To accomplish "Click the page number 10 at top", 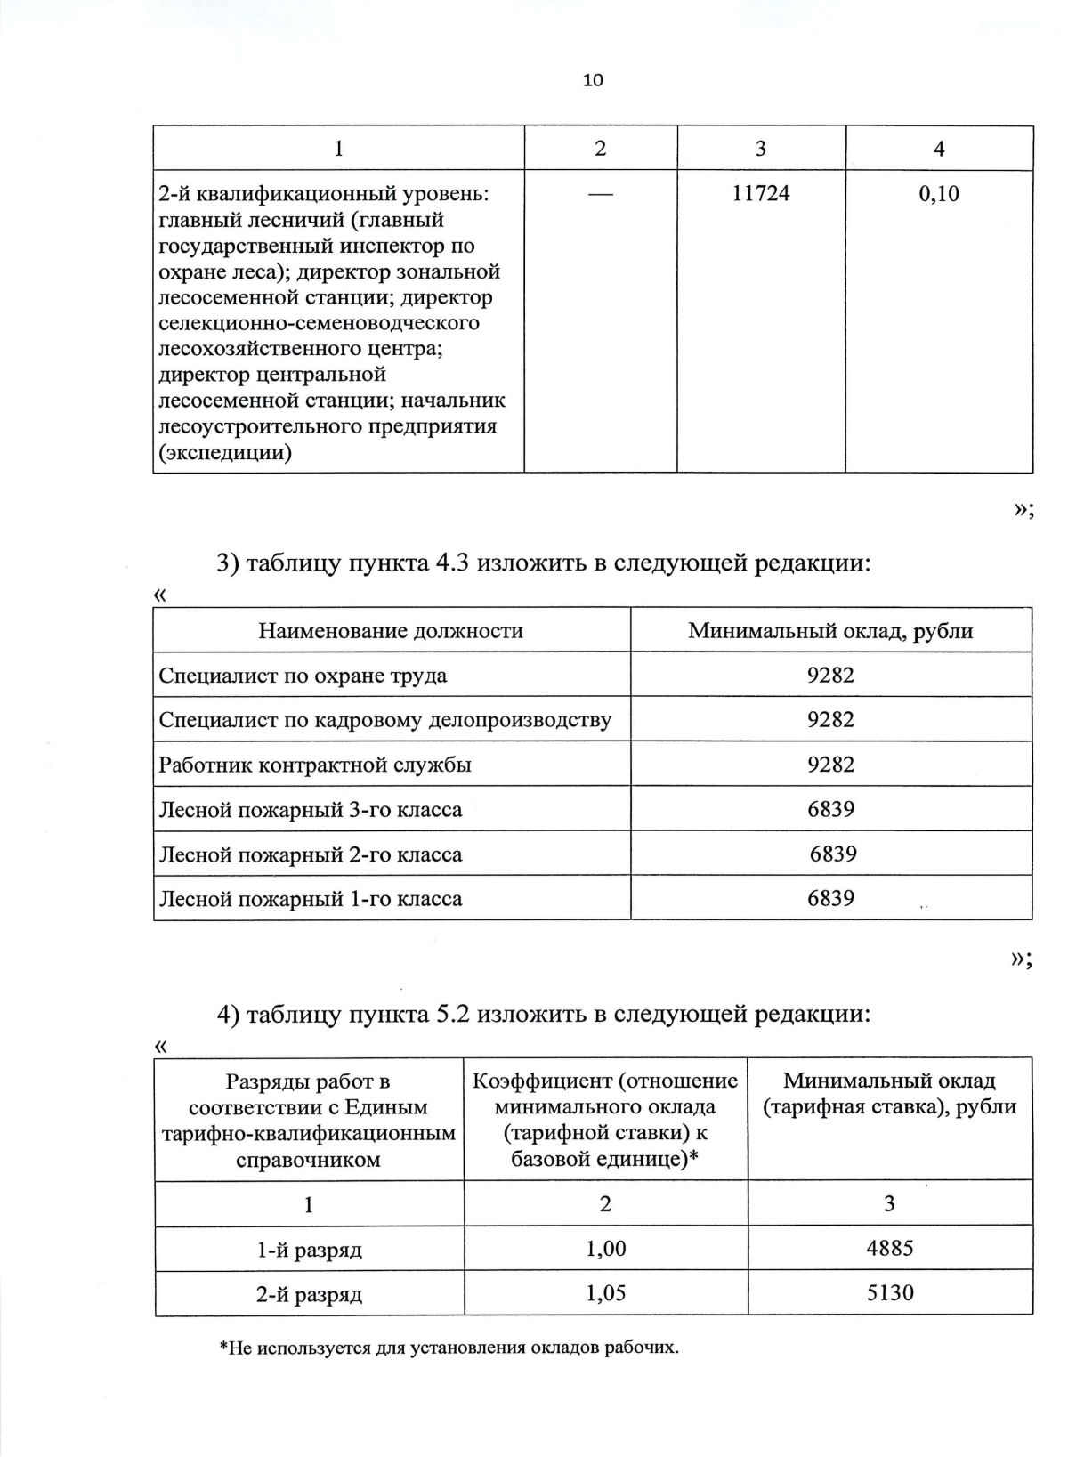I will click(x=593, y=80).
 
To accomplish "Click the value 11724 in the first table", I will click(x=761, y=193).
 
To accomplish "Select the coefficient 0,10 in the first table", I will click(x=939, y=193).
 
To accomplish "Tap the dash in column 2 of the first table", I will click(x=600, y=193).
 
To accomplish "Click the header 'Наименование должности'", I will click(x=391, y=631).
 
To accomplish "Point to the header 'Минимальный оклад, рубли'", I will click(x=830, y=631).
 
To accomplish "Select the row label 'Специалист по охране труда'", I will click(x=303, y=676).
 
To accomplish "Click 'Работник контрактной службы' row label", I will click(x=315, y=765).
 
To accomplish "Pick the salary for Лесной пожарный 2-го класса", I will click(x=833, y=854).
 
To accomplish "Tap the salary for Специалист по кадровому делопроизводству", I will click(x=830, y=720).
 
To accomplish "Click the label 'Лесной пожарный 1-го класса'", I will click(x=311, y=899).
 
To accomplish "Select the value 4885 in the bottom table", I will click(x=890, y=1248).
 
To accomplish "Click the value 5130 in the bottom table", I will click(x=890, y=1292).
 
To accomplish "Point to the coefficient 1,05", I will click(x=606, y=1292).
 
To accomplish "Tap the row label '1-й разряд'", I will click(x=310, y=1250).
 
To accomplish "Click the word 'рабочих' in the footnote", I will click(x=642, y=1348).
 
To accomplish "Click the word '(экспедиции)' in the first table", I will click(x=224, y=452).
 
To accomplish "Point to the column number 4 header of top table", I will click(x=939, y=149).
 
